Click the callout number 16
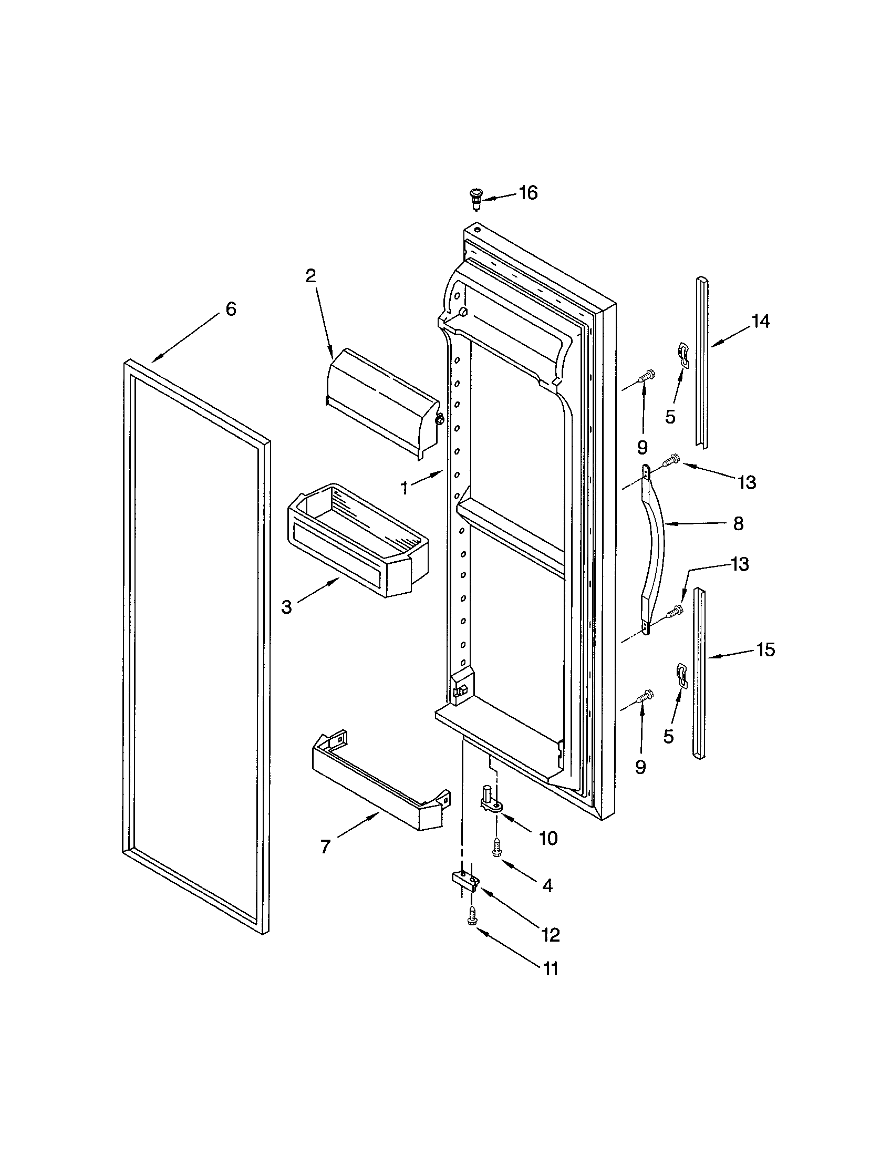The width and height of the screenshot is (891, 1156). coord(527,193)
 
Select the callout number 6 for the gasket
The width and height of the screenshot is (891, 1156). coord(231,309)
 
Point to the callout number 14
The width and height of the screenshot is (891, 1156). coord(761,321)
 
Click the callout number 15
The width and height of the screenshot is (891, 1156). coord(765,649)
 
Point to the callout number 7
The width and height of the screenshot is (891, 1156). coord(325,847)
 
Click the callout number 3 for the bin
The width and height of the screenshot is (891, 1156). coord(286,607)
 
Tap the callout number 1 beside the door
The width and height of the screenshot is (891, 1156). coord(405,488)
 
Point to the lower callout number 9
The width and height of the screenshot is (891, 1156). coord(641,767)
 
